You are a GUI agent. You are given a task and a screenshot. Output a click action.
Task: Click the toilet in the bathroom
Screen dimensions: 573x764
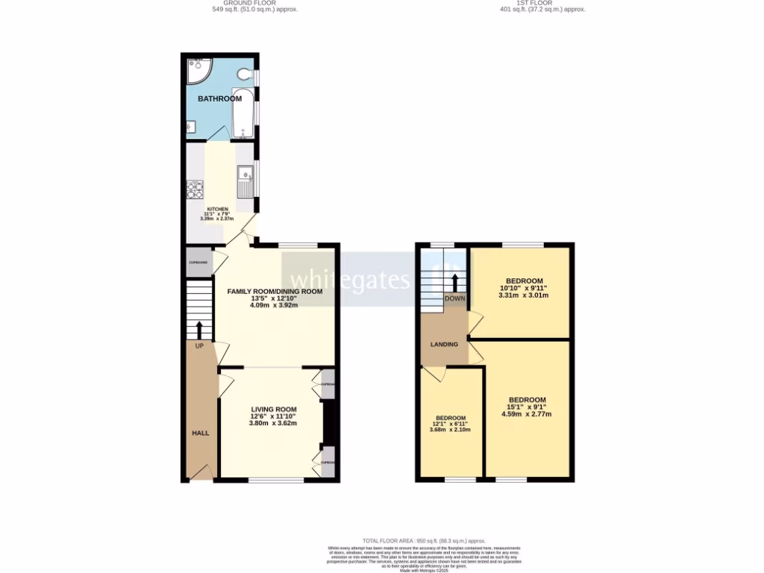pos(243,75)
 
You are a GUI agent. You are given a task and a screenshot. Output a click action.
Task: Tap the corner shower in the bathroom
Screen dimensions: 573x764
pos(197,71)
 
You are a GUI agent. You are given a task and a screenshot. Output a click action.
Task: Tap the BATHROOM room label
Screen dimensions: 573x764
pos(219,98)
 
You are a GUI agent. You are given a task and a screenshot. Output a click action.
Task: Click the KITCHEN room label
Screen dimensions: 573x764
pos(217,209)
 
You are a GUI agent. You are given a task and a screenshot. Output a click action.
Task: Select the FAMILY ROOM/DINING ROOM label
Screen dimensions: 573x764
pos(275,292)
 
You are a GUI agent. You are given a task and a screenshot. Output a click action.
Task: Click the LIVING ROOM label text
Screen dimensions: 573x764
pos(274,410)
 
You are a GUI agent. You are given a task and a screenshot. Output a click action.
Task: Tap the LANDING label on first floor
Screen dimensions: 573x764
pos(444,345)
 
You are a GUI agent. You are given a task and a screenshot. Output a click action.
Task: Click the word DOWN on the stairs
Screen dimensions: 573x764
pos(454,298)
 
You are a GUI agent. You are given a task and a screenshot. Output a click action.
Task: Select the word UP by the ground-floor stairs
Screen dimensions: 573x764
pos(199,346)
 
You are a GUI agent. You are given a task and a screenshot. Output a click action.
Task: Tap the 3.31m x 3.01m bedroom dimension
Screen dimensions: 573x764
pos(523,295)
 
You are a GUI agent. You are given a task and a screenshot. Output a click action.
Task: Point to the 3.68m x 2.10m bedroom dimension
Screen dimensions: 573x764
pos(451,430)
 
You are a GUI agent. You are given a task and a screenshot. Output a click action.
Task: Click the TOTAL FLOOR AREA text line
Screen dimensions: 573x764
pos(423,541)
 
